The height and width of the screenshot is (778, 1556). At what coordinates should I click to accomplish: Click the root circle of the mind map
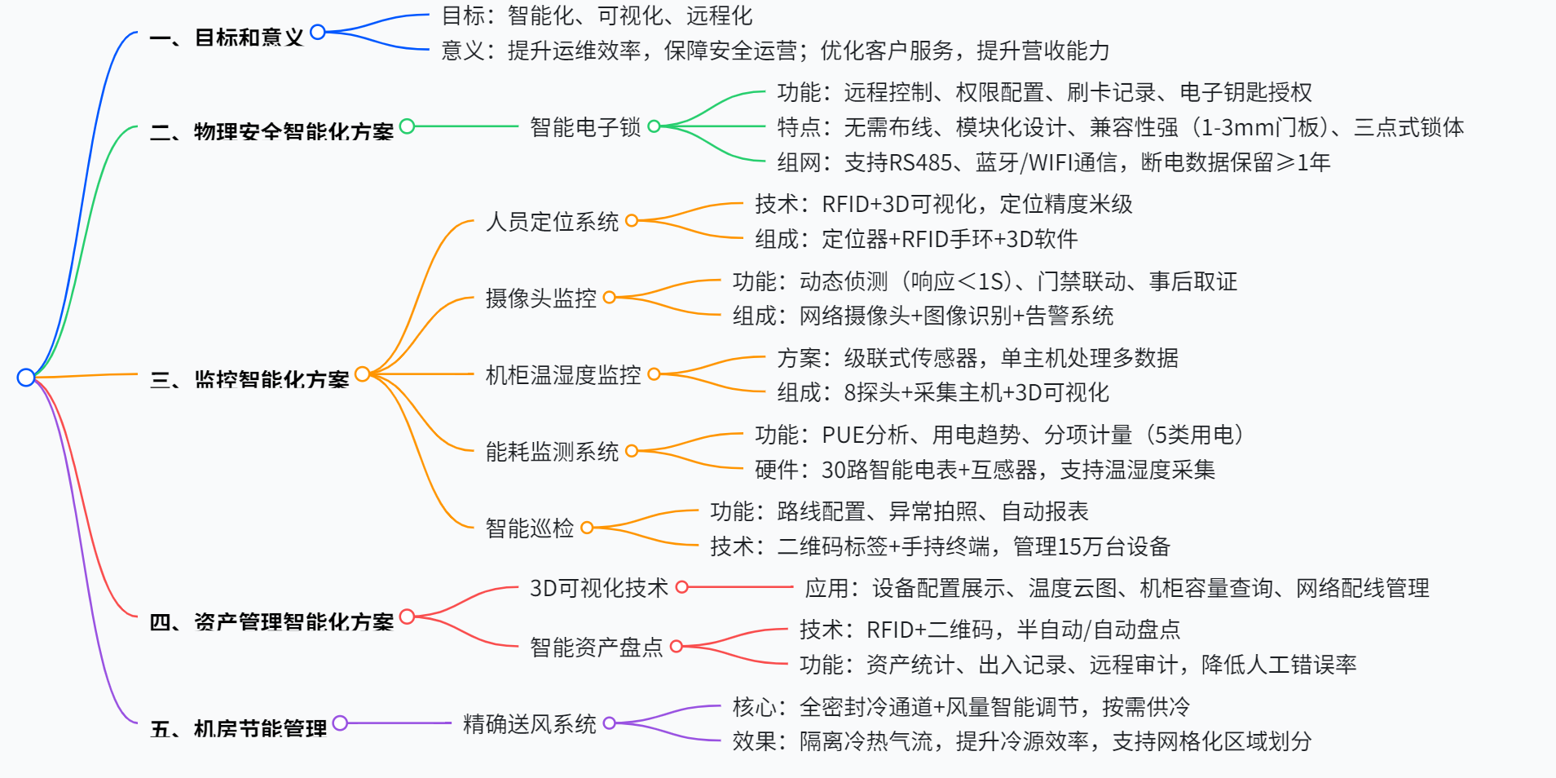click(26, 378)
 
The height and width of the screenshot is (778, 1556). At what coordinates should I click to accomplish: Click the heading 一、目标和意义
click(227, 38)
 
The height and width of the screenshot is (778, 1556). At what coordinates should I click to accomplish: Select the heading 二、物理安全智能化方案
click(271, 131)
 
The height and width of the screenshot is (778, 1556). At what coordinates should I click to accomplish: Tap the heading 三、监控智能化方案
click(249, 379)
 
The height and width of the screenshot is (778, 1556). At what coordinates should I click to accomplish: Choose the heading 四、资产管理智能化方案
click(271, 622)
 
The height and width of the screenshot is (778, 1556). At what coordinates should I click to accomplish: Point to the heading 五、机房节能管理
click(238, 728)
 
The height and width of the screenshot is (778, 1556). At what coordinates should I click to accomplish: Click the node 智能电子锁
click(585, 127)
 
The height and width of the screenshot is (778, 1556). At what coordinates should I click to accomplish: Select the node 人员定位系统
click(552, 222)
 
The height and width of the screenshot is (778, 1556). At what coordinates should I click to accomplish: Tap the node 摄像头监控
click(540, 298)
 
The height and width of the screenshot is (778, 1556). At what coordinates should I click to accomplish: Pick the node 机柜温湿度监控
click(563, 375)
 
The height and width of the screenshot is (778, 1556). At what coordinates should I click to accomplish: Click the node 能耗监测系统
click(552, 452)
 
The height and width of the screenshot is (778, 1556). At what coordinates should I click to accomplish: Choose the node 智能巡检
click(530, 528)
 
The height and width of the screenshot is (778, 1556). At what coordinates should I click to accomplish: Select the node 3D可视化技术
click(599, 588)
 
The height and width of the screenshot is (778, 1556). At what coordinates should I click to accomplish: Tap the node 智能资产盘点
click(597, 648)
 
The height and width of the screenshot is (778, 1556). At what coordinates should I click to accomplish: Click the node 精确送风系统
click(530, 724)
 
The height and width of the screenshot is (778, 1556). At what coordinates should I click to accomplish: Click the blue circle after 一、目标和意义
click(318, 32)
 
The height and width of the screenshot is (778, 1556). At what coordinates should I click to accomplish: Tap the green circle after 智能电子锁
click(654, 126)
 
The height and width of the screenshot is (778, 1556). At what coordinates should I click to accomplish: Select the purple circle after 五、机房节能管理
click(340, 723)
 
